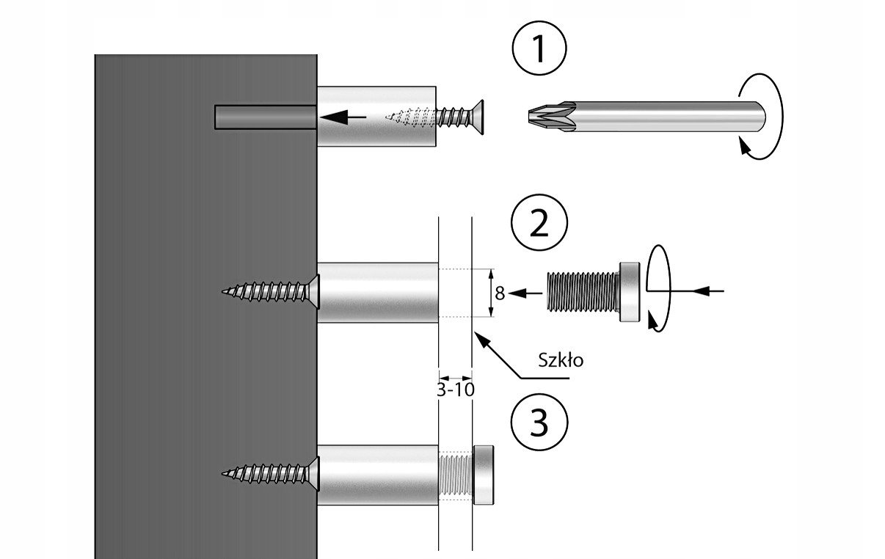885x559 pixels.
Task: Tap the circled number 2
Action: coord(539,225)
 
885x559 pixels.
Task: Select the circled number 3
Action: coord(539,422)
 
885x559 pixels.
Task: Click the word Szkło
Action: coord(560,360)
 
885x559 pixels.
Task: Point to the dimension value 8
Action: coord(499,293)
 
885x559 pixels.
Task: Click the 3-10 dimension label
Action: coord(455,390)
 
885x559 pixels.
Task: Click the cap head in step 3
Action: coord(484,474)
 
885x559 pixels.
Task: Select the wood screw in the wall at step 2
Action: coord(272,292)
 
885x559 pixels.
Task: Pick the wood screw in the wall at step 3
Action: coord(272,474)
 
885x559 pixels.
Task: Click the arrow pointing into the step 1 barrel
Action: coord(345,116)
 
